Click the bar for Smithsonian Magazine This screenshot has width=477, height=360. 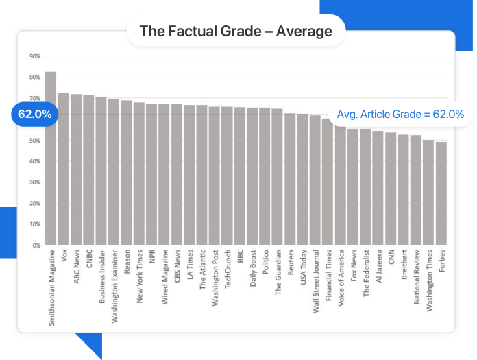51,158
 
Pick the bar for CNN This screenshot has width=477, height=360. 391,189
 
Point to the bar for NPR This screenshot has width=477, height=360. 151,174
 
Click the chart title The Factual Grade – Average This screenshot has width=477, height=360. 236,31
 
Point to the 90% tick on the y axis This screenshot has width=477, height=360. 34,56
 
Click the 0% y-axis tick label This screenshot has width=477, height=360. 36,245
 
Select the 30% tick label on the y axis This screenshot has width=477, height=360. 34,182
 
